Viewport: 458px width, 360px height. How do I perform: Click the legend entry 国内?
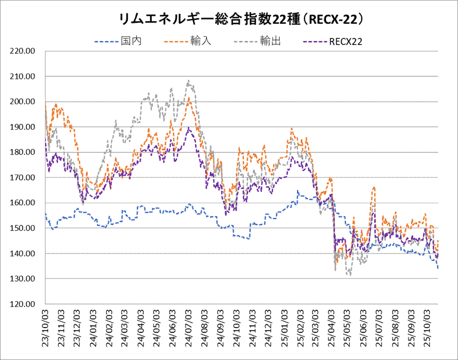pos(131,41)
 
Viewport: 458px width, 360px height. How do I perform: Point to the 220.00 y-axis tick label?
pos(23,51)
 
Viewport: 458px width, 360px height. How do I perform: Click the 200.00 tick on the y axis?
pos(23,102)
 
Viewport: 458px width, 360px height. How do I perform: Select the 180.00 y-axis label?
pos(23,152)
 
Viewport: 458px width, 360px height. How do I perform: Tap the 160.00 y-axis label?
pos(23,203)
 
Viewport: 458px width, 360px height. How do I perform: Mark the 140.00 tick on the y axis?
pos(23,254)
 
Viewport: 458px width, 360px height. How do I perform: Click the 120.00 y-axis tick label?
pos(23,304)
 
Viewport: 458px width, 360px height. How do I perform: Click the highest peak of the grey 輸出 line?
pos(188,81)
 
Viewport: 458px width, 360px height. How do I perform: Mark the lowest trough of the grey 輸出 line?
pos(350,275)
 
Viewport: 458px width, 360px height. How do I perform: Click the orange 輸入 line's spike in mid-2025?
pos(374,187)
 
